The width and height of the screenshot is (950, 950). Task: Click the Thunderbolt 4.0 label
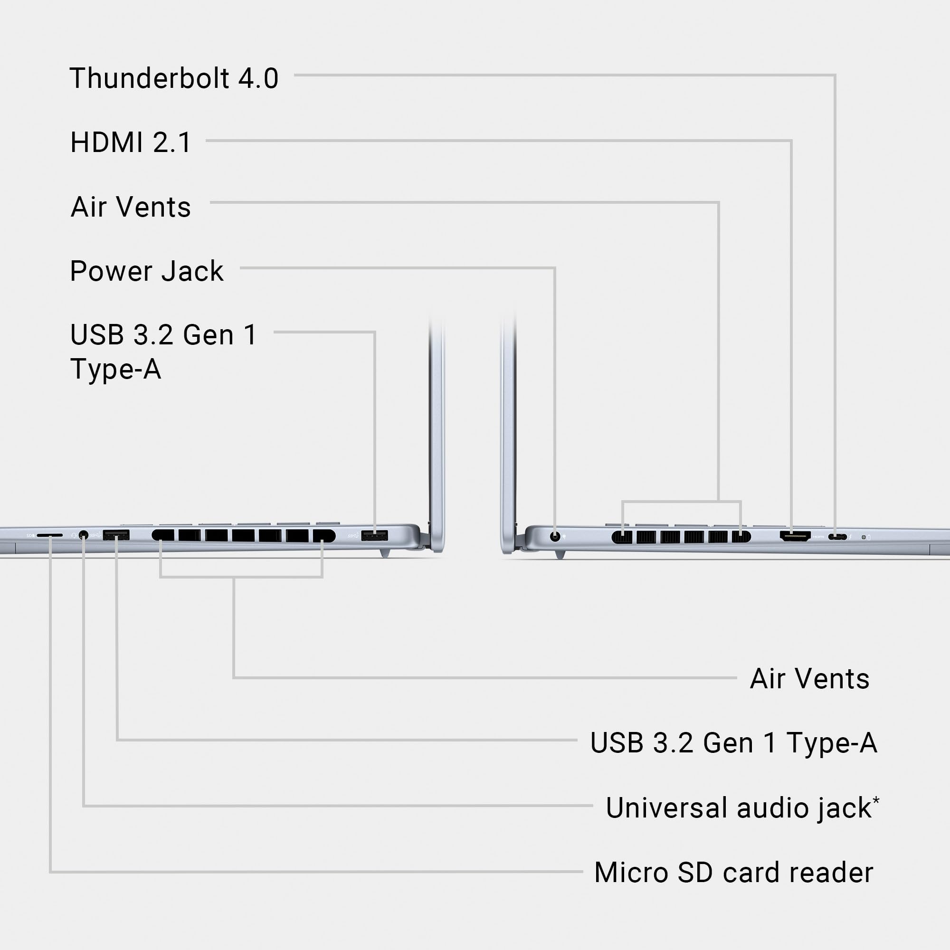click(x=174, y=78)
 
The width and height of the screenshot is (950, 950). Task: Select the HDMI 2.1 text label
click(x=131, y=142)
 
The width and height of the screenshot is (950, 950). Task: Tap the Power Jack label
click(x=146, y=271)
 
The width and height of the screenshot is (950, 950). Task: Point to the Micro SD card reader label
click(x=734, y=872)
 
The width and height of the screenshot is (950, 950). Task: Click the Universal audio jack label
click(x=738, y=808)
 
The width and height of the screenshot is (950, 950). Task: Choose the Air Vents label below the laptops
click(x=809, y=679)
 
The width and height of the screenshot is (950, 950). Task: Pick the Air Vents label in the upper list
click(x=131, y=207)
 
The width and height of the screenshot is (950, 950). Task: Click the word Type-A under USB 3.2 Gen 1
click(x=115, y=369)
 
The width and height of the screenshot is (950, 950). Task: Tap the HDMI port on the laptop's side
click(x=795, y=536)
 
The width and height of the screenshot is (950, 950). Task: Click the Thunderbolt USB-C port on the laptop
click(x=837, y=537)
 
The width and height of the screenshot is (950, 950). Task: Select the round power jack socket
click(x=555, y=536)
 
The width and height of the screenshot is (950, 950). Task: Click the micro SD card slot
click(x=50, y=534)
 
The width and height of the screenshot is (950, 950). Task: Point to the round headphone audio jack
click(x=84, y=534)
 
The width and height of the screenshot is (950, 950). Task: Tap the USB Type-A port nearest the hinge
click(x=374, y=535)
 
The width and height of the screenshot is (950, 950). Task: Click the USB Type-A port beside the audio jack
click(x=116, y=534)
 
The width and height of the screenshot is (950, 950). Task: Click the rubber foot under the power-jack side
click(x=560, y=555)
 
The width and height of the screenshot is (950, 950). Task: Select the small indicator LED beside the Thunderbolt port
click(x=864, y=537)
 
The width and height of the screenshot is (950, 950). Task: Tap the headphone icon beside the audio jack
click(x=74, y=534)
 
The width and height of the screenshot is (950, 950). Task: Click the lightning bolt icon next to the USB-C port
click(x=850, y=537)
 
